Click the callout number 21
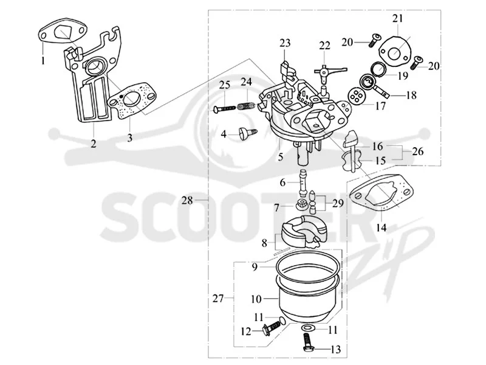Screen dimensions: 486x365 pyautogui.click(x=398, y=19)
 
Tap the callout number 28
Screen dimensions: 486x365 pyautogui.click(x=187, y=201)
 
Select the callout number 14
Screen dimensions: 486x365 pyautogui.click(x=382, y=228)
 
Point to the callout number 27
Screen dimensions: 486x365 pyautogui.click(x=218, y=299)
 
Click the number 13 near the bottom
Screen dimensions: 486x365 pyautogui.click(x=335, y=350)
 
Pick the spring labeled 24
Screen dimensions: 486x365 pyautogui.click(x=247, y=105)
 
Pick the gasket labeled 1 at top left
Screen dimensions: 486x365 pyautogui.click(x=63, y=32)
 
